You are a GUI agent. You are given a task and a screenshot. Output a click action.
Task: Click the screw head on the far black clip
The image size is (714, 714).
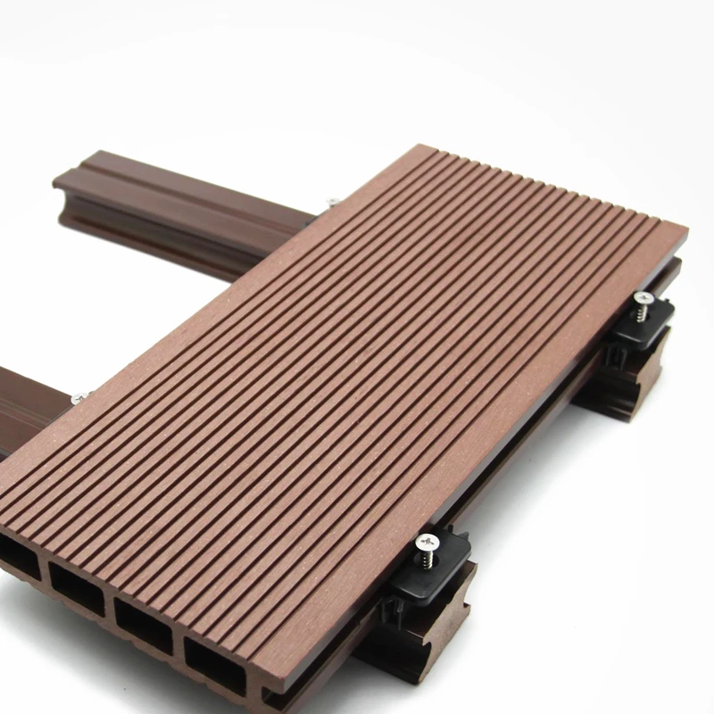click(x=643, y=296)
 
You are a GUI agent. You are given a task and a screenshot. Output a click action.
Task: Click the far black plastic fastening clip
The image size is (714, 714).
click(x=638, y=326)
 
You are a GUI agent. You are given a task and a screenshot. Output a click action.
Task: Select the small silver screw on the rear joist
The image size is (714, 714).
click(x=332, y=203)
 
